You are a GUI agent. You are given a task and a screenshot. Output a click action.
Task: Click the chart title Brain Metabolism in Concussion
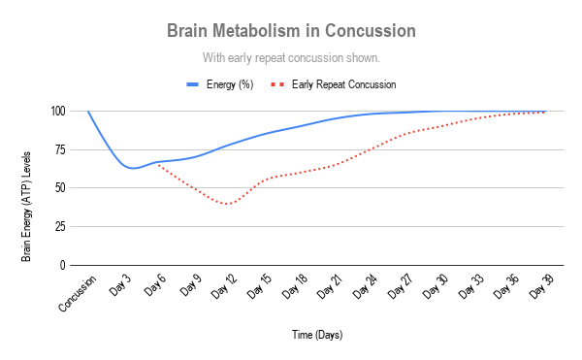click(x=292, y=30)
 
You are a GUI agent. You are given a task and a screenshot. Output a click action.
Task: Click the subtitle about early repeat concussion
click(x=292, y=57)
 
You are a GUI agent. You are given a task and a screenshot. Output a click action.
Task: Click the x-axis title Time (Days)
click(x=317, y=335)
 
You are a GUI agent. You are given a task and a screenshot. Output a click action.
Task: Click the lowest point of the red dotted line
click(x=228, y=204)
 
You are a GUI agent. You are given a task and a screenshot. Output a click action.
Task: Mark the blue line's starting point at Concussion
click(x=88, y=112)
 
